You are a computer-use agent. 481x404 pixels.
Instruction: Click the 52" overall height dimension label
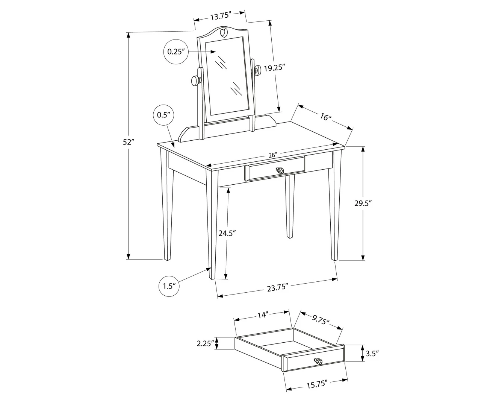pos(128,142)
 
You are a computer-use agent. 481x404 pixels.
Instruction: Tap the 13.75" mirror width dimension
pos(221,16)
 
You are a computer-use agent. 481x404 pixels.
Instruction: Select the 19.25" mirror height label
pos(274,68)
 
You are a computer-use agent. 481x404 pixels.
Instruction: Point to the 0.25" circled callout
pos(176,52)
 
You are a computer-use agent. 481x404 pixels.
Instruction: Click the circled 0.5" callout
pos(163,115)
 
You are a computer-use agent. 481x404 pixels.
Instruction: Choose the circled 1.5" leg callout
pos(169,286)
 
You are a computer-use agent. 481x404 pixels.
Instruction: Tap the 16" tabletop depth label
pos(325,117)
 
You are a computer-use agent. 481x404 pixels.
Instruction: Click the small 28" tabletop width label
pos(272,155)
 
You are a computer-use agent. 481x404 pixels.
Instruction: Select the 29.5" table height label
pos(363,203)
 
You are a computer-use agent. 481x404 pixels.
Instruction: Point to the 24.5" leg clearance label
pos(227,233)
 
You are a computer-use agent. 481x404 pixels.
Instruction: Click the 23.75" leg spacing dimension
pos(278,288)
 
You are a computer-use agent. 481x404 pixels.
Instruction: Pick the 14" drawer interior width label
pos(263,315)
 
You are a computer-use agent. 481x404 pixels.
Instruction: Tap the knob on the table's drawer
pos(280,171)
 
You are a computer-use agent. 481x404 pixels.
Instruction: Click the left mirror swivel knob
pos(196,80)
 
